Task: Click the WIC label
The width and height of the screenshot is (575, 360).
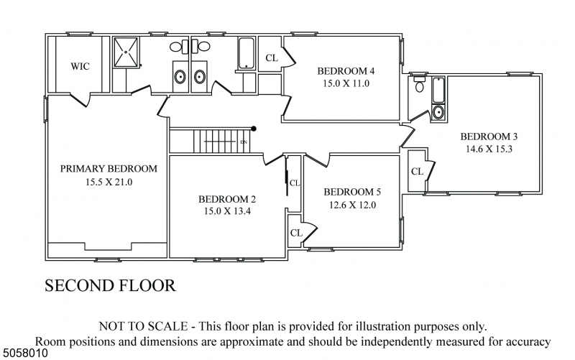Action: tap(79, 66)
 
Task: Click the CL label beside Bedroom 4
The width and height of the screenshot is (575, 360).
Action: tap(271, 58)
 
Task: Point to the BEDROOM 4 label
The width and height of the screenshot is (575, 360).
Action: tap(346, 70)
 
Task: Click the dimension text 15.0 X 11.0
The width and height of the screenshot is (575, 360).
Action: tap(346, 83)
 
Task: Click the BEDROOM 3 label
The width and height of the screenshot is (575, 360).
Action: tap(489, 137)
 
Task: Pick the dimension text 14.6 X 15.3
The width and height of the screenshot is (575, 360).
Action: tap(489, 149)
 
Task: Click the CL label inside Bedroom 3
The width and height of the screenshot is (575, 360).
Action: tap(417, 172)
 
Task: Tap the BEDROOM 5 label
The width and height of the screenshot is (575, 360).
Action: tap(352, 192)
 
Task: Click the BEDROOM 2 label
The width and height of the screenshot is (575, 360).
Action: tap(227, 199)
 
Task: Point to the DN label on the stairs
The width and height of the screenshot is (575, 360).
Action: tap(244, 142)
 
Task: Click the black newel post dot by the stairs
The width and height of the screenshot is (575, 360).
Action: tap(254, 129)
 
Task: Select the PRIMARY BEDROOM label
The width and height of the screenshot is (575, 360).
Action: tap(108, 169)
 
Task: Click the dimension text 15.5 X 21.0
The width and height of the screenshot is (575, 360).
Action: tap(108, 183)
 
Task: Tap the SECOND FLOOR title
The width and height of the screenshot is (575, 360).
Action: tap(110, 285)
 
